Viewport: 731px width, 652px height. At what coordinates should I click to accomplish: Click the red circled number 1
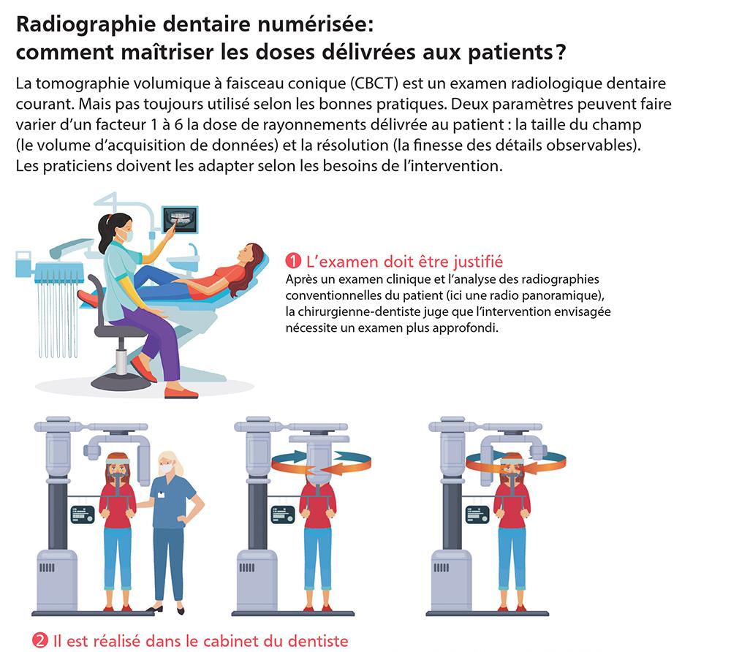(x=293, y=261)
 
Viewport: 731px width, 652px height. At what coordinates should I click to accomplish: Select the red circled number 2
(x=40, y=640)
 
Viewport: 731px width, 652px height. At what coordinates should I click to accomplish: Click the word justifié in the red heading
(x=478, y=262)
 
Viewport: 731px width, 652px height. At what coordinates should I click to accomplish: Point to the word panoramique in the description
(x=567, y=295)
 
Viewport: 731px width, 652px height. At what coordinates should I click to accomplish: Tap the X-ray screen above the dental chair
(x=180, y=219)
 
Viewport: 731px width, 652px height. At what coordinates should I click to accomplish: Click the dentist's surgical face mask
(x=126, y=235)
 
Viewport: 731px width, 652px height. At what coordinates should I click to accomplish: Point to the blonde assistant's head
(x=168, y=464)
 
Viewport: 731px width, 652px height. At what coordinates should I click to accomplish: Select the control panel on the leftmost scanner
(x=83, y=515)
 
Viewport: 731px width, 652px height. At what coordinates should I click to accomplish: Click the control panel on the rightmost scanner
(x=478, y=515)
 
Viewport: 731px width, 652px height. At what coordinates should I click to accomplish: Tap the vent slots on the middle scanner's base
(x=246, y=567)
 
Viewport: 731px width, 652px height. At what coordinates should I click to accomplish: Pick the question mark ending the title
(x=560, y=52)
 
